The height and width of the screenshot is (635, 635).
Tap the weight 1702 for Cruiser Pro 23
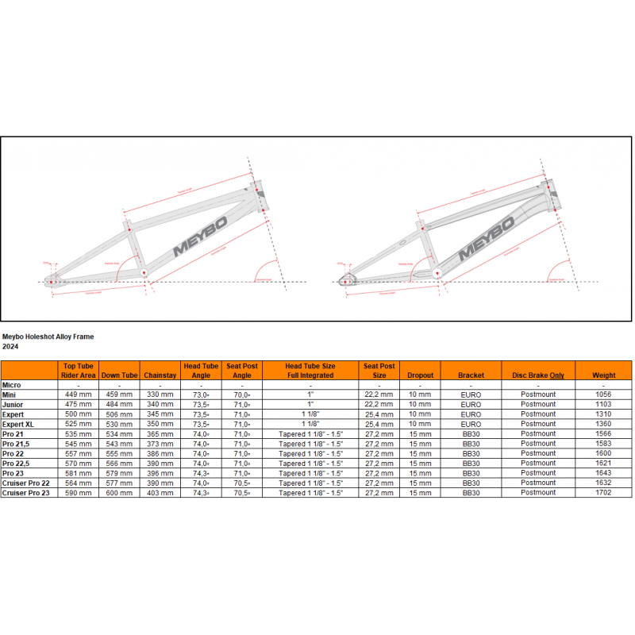click(604, 493)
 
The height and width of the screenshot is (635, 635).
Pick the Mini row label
click(10, 394)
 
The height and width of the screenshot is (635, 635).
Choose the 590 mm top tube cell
click(79, 493)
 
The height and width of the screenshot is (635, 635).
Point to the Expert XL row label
click(17, 424)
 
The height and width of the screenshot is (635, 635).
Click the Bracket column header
click(471, 375)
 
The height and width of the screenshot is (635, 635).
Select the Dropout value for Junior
click(420, 404)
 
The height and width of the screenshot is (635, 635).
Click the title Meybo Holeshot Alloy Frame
click(48, 337)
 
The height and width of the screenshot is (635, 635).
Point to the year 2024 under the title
click(10, 346)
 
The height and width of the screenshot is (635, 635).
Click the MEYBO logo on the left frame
click(201, 234)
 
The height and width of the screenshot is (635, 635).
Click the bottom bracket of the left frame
click(144, 272)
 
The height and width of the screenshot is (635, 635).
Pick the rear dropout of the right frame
click(344, 279)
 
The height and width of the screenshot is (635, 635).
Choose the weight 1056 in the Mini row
click(604, 394)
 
